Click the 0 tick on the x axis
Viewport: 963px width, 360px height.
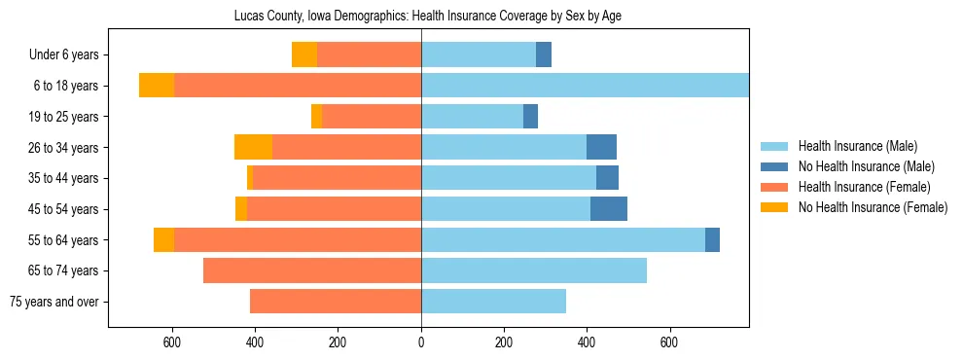(x=421, y=342)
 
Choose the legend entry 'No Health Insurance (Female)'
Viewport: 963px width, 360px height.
(x=873, y=207)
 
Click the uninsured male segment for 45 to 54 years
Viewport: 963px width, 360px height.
(x=609, y=209)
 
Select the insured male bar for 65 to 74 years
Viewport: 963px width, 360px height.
(x=534, y=270)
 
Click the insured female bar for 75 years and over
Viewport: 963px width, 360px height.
(x=336, y=302)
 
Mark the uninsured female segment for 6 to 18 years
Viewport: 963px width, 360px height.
(x=157, y=86)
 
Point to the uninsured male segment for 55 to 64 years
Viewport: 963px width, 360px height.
(x=712, y=239)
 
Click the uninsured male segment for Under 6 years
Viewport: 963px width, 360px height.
(x=544, y=55)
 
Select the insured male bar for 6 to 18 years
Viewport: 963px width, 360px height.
(x=585, y=86)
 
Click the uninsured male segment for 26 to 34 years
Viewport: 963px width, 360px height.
(x=601, y=147)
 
